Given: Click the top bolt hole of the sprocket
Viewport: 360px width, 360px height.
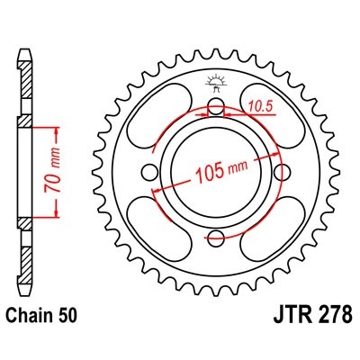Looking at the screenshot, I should (217, 109).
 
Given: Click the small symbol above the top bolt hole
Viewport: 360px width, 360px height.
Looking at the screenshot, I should (217, 85).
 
